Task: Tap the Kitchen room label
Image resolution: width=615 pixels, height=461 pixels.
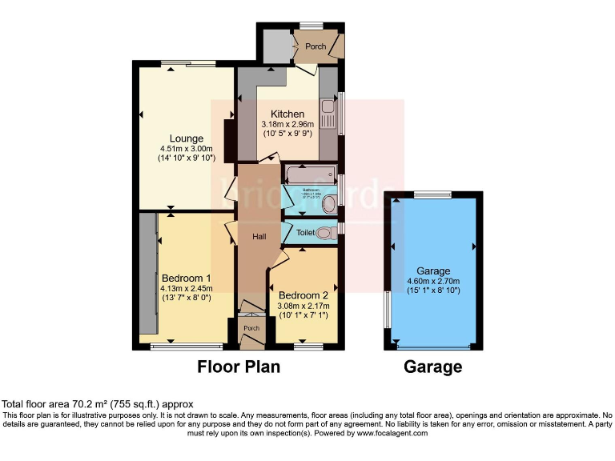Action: click(x=287, y=114)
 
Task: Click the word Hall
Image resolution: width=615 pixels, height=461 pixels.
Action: click(x=259, y=237)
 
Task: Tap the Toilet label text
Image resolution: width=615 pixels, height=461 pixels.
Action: click(x=306, y=233)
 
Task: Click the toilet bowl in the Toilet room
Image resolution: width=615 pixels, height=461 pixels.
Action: click(x=324, y=233)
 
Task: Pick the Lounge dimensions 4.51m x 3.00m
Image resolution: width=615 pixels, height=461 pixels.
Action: click(x=186, y=148)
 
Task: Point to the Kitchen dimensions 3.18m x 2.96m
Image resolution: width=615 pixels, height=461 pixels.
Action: click(x=287, y=125)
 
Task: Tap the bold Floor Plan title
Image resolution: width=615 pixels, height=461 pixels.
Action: click(x=239, y=367)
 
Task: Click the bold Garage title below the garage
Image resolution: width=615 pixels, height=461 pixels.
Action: click(x=433, y=367)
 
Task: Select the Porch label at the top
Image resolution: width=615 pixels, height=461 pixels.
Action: click(x=316, y=46)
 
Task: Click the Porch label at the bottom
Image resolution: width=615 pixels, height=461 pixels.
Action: click(x=251, y=328)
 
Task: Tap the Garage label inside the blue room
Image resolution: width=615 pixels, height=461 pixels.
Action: click(x=432, y=271)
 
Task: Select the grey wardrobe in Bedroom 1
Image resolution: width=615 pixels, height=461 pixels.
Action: click(x=147, y=272)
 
